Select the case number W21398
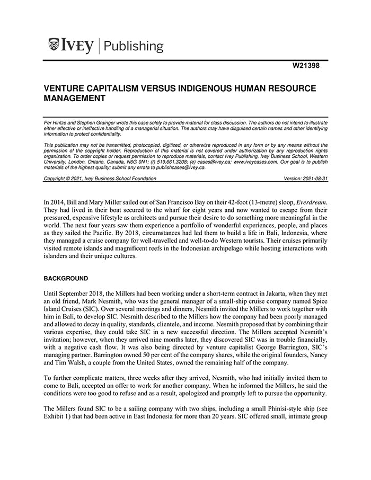pos(307,66)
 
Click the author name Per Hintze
pos(57,122)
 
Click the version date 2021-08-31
pos(315,179)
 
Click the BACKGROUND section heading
pos(66,278)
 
